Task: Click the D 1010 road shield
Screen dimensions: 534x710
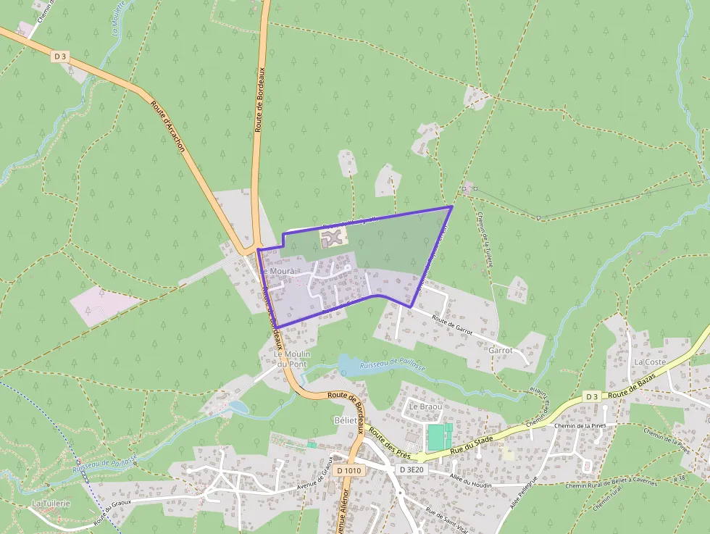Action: pyautogui.click(x=349, y=470)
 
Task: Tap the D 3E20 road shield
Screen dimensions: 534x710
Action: pyautogui.click(x=411, y=470)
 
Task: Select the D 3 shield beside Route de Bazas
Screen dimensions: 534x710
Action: pyautogui.click(x=592, y=396)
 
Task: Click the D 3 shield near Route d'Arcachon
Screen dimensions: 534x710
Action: pyautogui.click(x=59, y=56)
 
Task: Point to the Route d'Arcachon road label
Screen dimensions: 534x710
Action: pyautogui.click(x=169, y=125)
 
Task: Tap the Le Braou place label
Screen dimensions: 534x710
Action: pyautogui.click(x=425, y=406)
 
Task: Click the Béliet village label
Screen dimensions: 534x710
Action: pyautogui.click(x=346, y=420)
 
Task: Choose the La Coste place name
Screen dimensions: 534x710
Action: pyautogui.click(x=649, y=362)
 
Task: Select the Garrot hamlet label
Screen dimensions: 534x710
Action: pyautogui.click(x=501, y=350)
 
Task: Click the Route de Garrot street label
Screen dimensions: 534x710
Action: pyautogui.click(x=452, y=325)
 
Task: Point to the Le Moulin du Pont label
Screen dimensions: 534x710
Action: pyautogui.click(x=291, y=358)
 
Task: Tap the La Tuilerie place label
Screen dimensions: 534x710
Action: pyautogui.click(x=51, y=503)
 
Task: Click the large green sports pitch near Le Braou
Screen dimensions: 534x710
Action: pyautogui.click(x=436, y=437)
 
